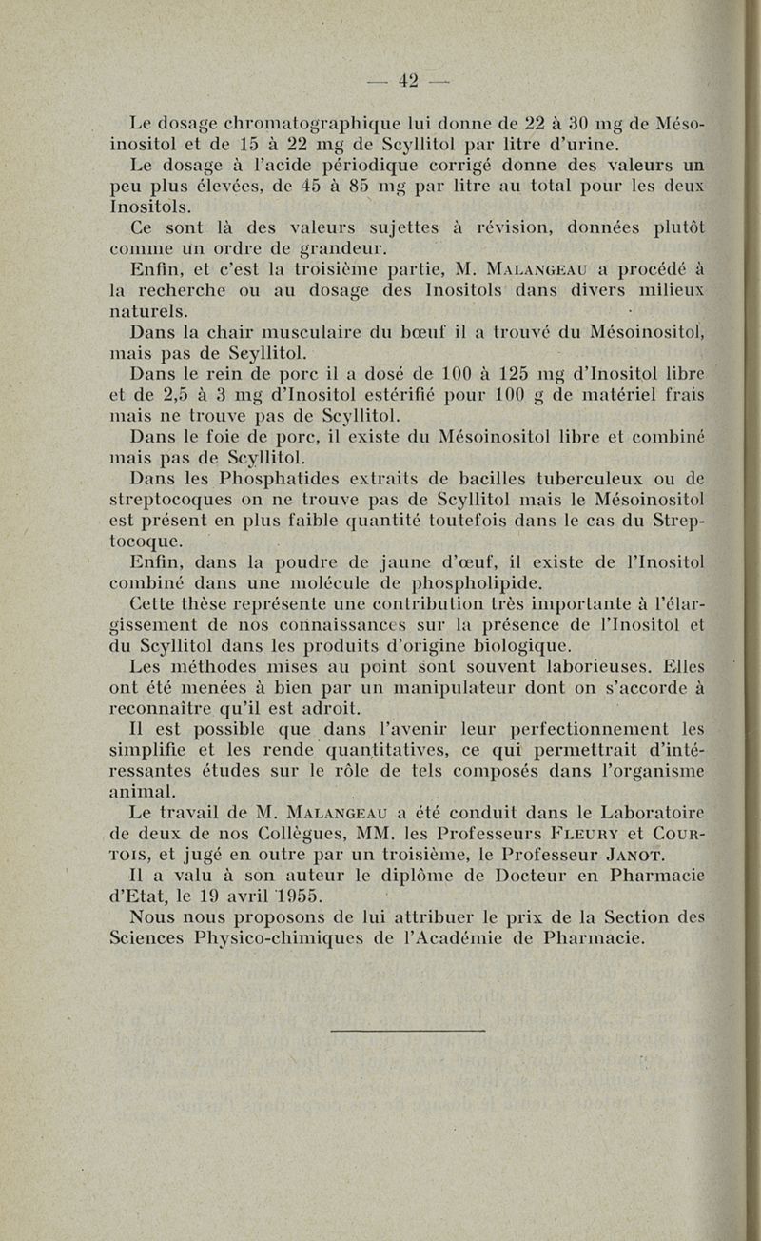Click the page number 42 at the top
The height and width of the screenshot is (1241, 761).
409,81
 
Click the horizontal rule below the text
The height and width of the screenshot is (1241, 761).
406,1030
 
